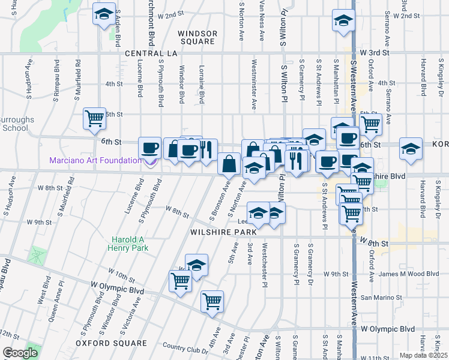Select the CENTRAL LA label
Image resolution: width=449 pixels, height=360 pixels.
[x=152, y=53]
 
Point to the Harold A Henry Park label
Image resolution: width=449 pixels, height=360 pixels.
[x=128, y=243]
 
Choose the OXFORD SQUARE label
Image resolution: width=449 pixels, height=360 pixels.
[x=111, y=343]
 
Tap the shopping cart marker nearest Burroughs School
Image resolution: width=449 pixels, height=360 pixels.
[x=95, y=118]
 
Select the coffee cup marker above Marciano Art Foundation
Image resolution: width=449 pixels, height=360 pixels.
[x=149, y=148]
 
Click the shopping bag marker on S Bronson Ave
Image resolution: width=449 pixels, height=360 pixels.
[x=229, y=163]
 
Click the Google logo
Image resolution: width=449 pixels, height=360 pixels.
[x=20, y=353]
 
